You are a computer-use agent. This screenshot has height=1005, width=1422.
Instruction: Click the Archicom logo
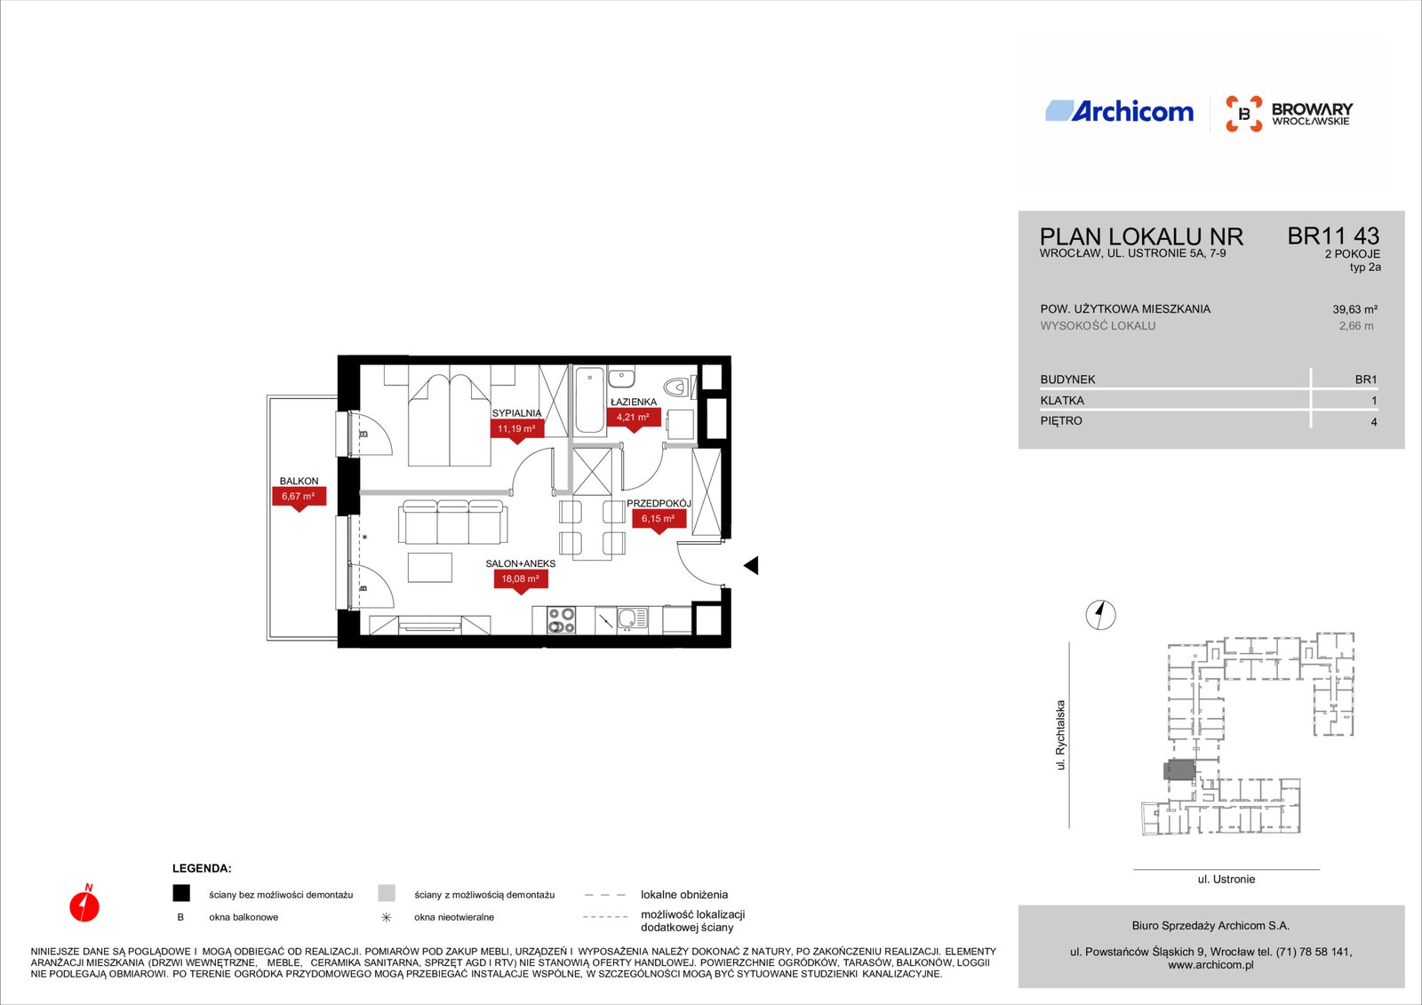pos(1119,111)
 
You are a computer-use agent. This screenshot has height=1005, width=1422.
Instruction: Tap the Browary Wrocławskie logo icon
pos(1243,114)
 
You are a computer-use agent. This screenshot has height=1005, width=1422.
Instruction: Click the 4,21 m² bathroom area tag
pos(634,419)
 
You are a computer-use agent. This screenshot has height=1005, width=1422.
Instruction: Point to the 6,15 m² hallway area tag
pos(659,520)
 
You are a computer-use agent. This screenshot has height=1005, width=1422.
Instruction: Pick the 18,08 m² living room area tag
pos(521,580)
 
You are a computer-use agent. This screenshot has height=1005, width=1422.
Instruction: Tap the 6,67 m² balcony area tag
pos(299,497)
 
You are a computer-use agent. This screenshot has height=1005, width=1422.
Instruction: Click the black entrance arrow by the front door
pos(751,565)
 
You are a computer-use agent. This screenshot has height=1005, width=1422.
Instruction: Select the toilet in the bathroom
pos(679,386)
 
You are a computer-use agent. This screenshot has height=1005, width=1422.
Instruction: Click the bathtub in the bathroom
pos(590,401)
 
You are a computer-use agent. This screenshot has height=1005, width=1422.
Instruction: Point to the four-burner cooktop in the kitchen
pos(561,619)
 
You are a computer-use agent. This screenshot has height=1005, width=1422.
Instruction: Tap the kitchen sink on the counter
pos(632,619)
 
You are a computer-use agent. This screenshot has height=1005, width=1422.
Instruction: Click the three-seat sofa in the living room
pos(452,522)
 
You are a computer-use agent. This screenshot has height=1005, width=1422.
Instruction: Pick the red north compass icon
pos(84,904)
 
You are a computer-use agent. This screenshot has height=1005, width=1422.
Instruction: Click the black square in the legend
pos(181,893)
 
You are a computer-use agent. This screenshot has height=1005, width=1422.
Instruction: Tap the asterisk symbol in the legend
pos(386,917)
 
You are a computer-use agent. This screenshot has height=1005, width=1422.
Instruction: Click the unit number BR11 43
pos(1333,236)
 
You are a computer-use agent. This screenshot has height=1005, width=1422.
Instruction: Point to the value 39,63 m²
pos(1354,310)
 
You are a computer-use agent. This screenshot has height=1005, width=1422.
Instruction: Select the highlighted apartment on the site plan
pos(1179,770)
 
